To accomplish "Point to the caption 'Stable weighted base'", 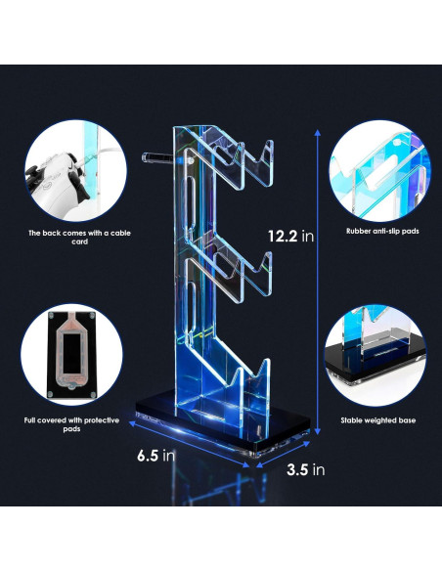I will pyautogui.click(x=376, y=419).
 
